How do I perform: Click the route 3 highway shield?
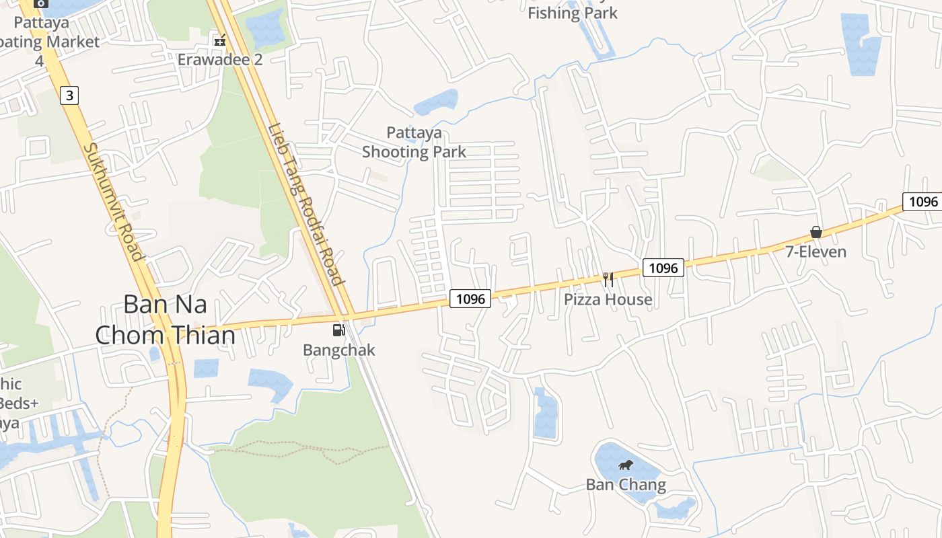point(69,95)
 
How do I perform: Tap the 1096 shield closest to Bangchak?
point(470,298)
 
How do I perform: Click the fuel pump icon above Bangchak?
point(339,330)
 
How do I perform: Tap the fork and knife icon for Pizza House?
point(608,279)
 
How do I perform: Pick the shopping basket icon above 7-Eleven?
point(816,232)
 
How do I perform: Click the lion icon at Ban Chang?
point(626,465)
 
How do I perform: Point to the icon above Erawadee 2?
point(219,40)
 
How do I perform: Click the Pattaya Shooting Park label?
point(414,142)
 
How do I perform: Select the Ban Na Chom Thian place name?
point(166,319)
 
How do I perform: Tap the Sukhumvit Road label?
point(114,202)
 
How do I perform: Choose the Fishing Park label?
point(572,13)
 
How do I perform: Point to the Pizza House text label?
point(608,299)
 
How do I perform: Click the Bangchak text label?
point(339,350)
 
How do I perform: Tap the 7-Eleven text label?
point(816,252)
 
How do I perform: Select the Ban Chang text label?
point(626,484)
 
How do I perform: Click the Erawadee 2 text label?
point(219,59)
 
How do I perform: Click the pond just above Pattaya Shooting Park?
point(437,102)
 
